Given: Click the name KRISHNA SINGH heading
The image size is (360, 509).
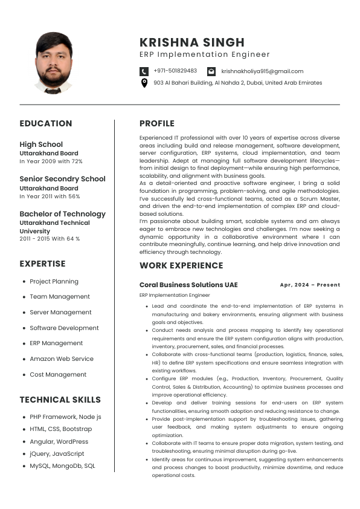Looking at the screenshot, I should click(192, 42).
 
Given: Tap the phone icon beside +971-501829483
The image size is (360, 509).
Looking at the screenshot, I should click(144, 71).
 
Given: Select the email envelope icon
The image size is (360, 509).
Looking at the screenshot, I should click(211, 71).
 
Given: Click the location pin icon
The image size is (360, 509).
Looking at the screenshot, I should click(144, 83).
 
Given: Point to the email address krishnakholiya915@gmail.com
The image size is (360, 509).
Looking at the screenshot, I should click(262, 71).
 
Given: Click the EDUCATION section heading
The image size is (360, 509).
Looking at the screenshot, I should click(46, 123).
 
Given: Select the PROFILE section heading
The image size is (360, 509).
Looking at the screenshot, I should click(157, 123).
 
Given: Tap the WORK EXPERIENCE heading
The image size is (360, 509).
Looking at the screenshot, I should click(181, 265).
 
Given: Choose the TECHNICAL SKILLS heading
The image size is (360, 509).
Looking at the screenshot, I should click(60, 400).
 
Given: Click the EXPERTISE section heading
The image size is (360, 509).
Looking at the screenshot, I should click(42, 264).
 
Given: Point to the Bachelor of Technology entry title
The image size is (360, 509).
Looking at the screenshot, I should click(63, 213).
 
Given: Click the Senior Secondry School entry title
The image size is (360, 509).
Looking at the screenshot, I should click(63, 179).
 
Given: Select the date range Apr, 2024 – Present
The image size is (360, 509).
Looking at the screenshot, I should click(310, 285).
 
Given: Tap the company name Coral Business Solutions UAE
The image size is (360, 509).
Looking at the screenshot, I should click(188, 285).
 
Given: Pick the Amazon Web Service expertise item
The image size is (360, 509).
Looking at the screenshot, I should click(62, 359).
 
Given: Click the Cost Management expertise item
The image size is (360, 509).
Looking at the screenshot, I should click(59, 375).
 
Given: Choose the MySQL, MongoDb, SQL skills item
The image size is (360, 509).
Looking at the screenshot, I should click(62, 466).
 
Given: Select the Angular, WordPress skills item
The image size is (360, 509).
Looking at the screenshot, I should click(59, 442).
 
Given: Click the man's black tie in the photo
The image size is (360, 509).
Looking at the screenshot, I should click(53, 90).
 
